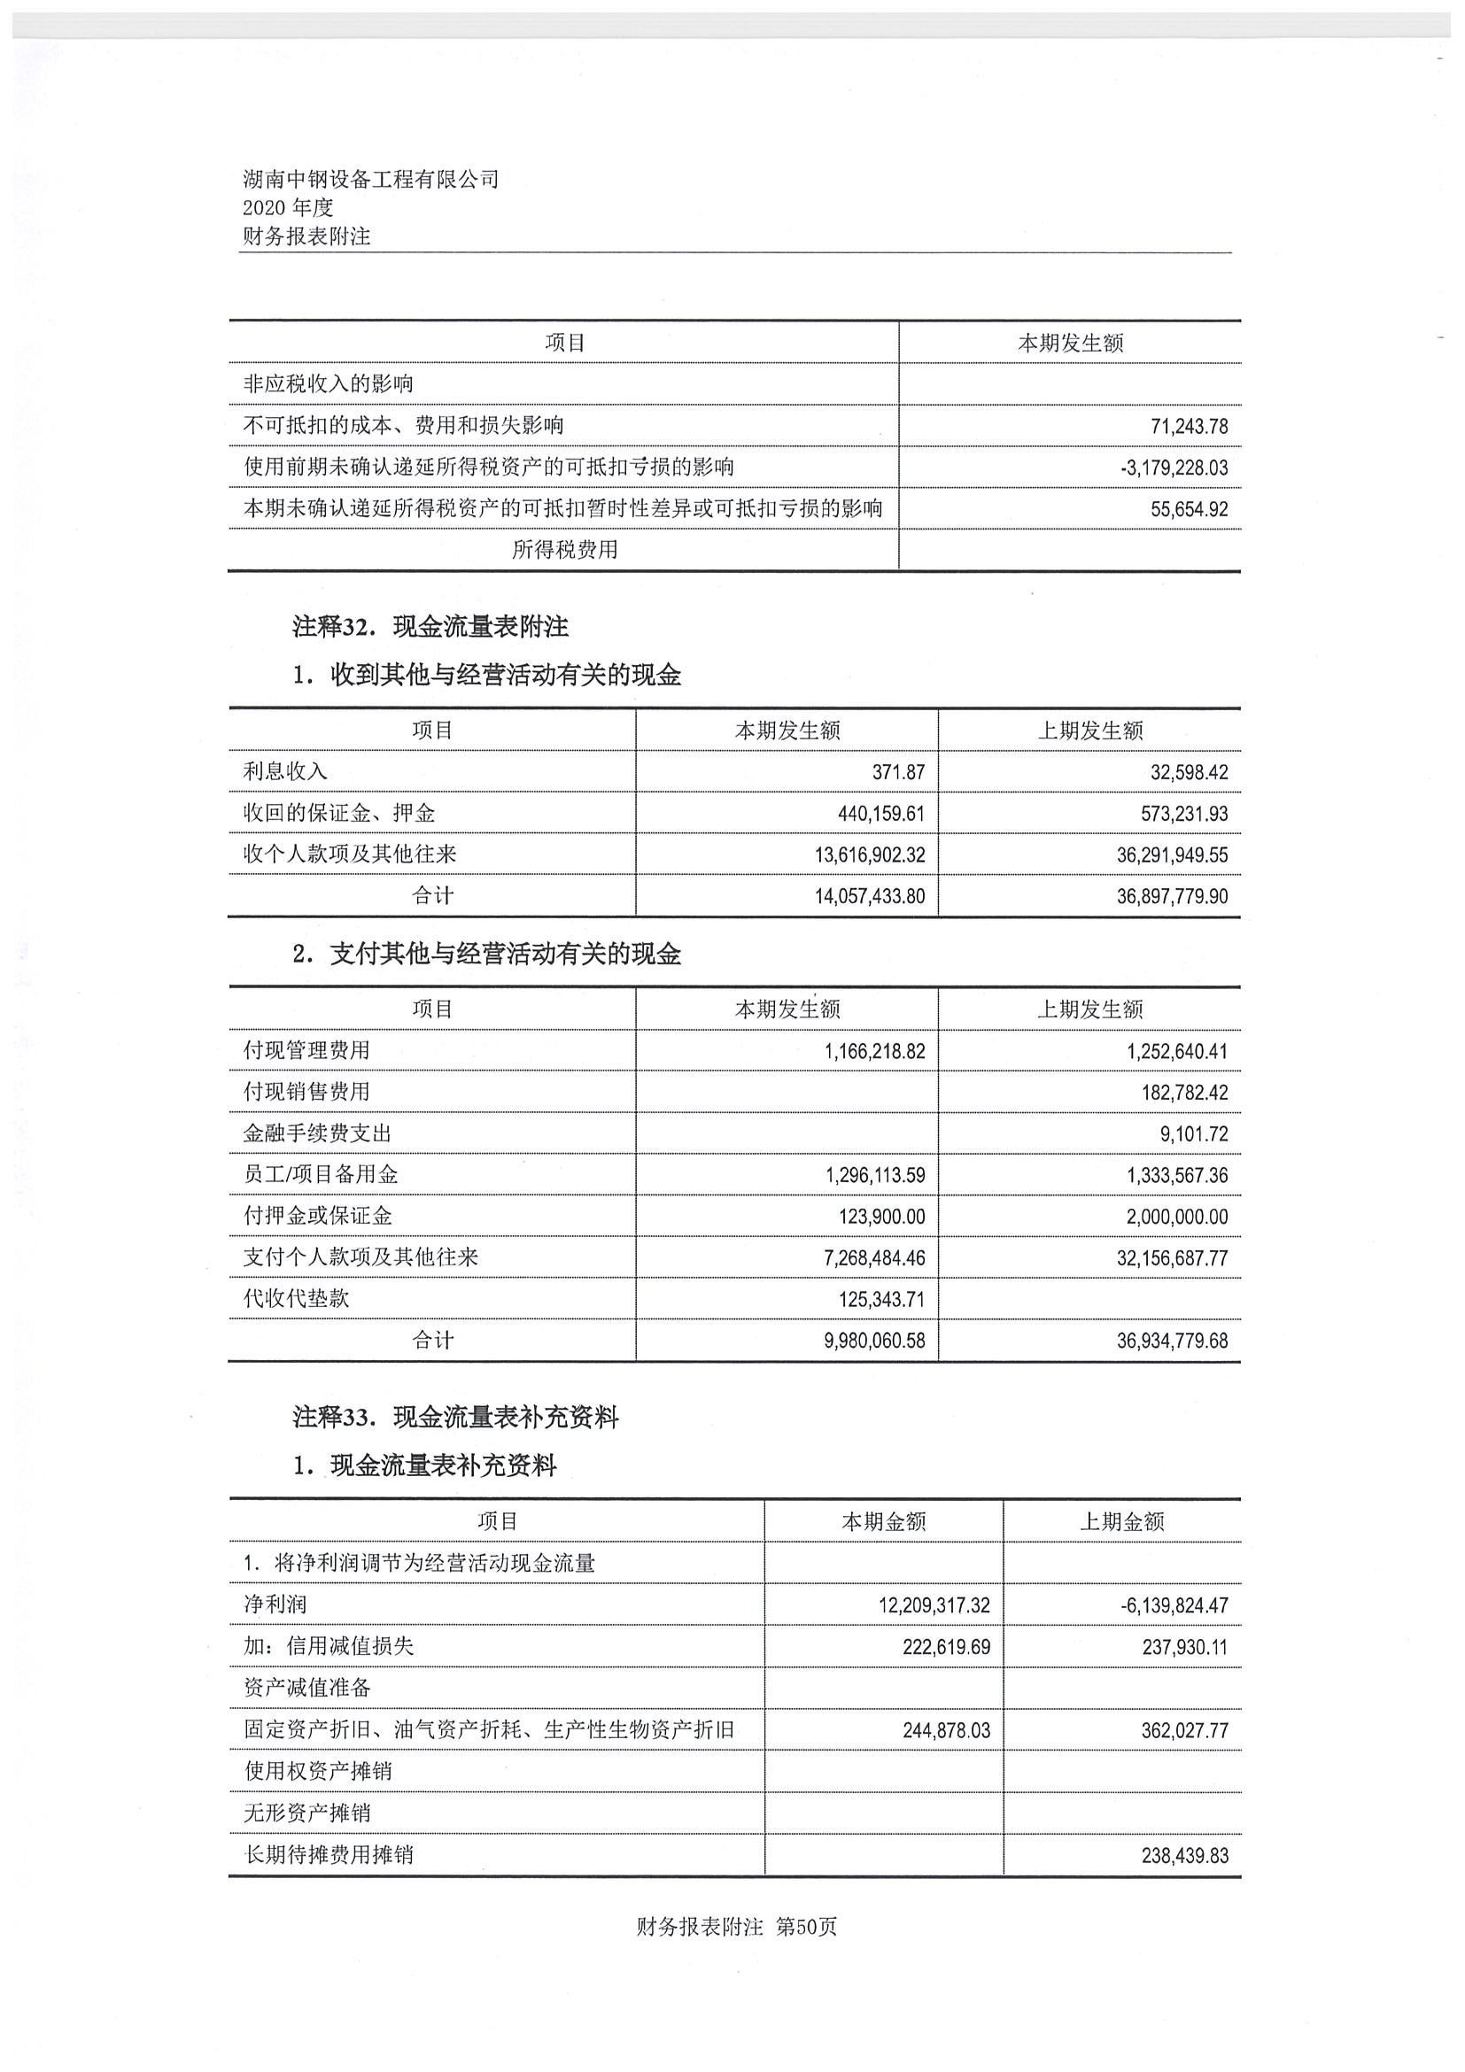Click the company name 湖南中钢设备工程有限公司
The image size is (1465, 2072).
click(370, 179)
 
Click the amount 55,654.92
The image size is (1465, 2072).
click(1189, 510)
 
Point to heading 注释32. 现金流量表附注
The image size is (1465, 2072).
click(430, 626)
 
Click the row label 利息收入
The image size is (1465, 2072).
click(285, 771)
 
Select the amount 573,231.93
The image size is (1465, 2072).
click(1184, 814)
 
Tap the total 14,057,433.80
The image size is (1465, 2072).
click(870, 897)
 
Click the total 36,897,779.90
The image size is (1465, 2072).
click(1172, 897)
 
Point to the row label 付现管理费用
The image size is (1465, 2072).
click(306, 1050)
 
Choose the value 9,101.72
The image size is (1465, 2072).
click(1193, 1134)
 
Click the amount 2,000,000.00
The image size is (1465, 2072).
click(1177, 1218)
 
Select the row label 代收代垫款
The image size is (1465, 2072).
click(296, 1299)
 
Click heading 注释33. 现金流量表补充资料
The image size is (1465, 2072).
click(456, 1418)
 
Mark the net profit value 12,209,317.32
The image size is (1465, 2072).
click(934, 1606)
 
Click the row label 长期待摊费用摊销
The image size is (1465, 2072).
click(329, 1855)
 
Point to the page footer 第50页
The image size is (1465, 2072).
click(806, 1927)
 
